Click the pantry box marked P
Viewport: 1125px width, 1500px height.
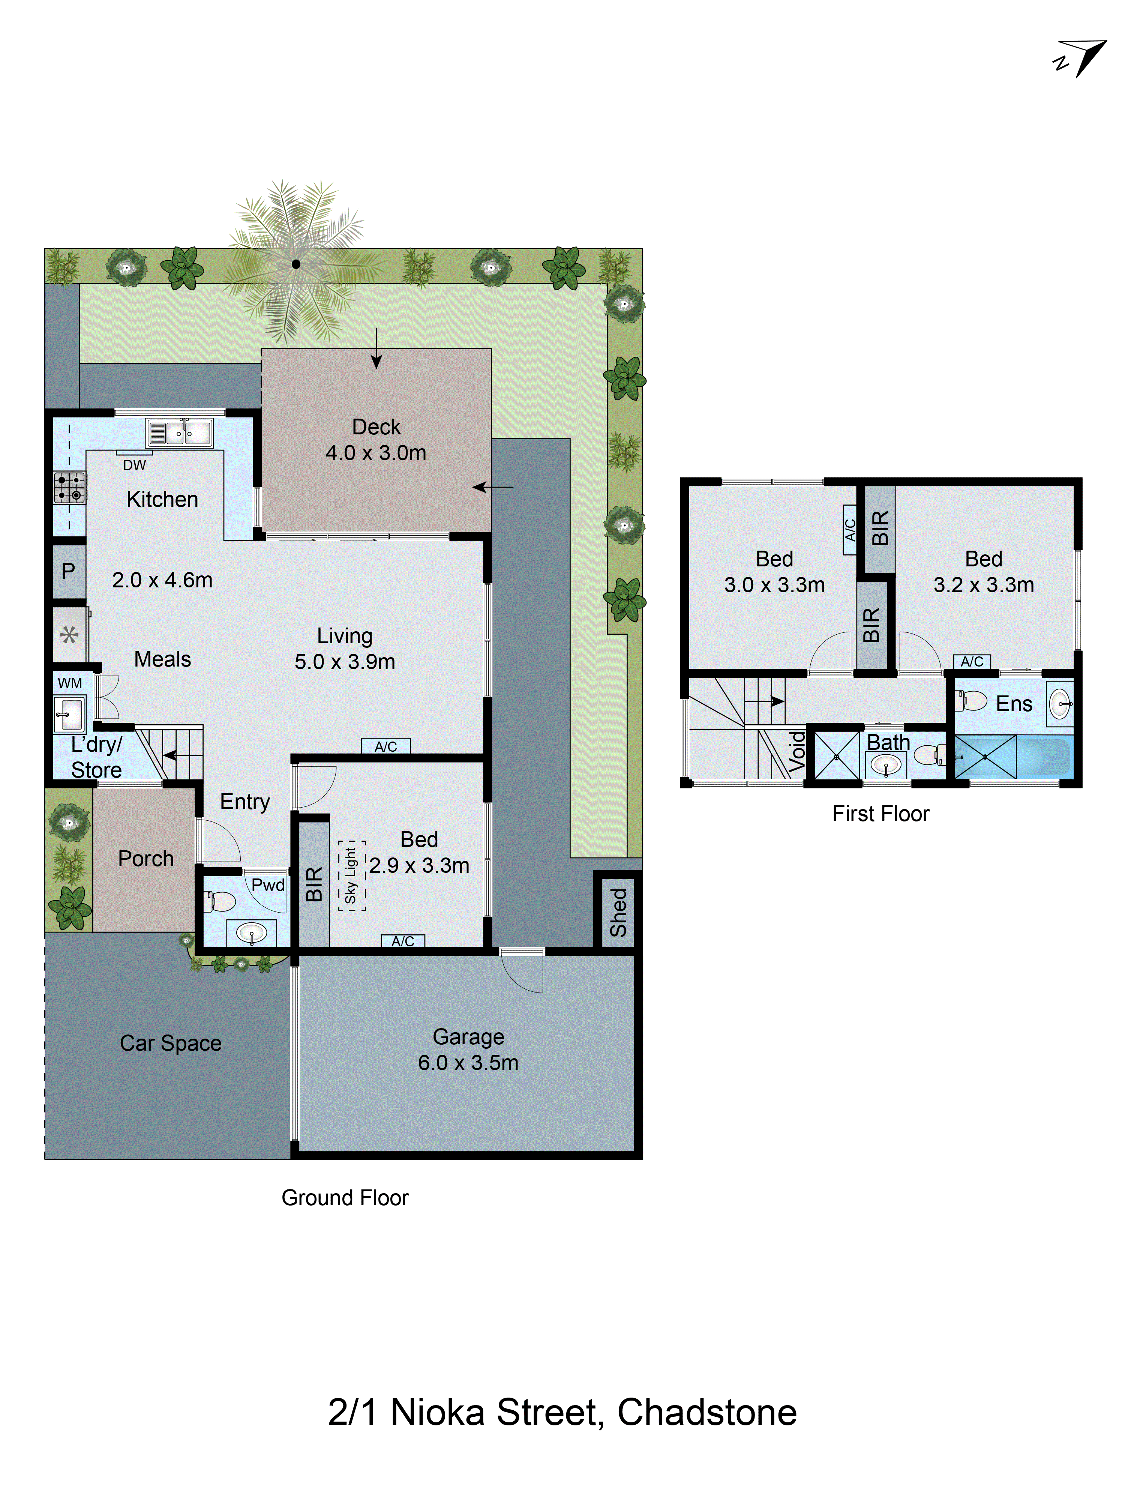[x=69, y=571]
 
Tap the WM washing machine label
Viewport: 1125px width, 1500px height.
[x=70, y=683]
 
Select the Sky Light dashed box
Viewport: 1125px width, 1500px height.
[x=351, y=875]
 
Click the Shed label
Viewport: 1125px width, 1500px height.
[x=618, y=912]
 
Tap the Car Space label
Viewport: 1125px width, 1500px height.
[x=170, y=1043]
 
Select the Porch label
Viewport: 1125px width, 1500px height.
[x=146, y=859]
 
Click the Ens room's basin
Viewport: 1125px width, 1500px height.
[x=1059, y=704]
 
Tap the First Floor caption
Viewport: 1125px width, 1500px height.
[x=880, y=814]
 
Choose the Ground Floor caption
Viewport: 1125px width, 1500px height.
[x=345, y=1198]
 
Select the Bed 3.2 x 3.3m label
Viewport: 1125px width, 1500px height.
[x=983, y=572]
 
